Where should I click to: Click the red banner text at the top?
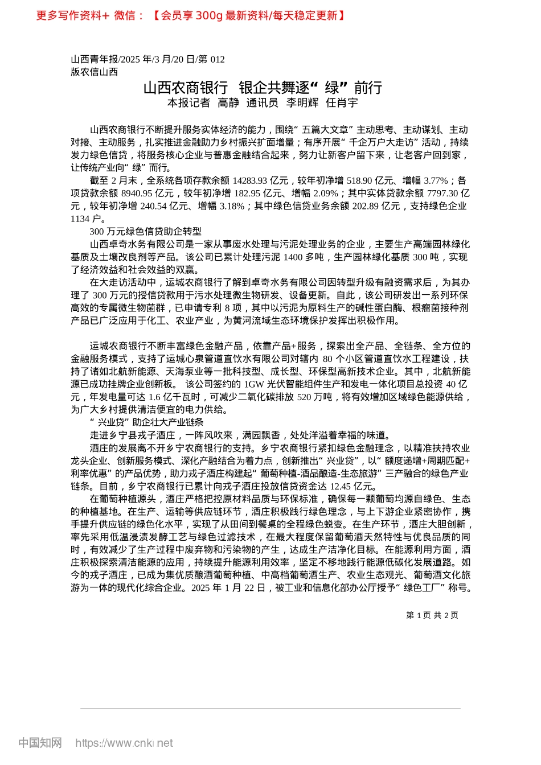(191, 15)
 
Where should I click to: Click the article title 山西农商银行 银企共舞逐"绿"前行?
(263, 88)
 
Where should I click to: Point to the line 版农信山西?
(95, 72)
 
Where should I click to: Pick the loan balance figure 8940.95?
(139, 194)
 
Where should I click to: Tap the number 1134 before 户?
(80, 219)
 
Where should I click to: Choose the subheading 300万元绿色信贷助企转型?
(145, 231)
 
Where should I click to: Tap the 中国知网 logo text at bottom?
(40, 743)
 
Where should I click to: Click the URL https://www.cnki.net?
(124, 743)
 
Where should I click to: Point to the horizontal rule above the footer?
(270, 709)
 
